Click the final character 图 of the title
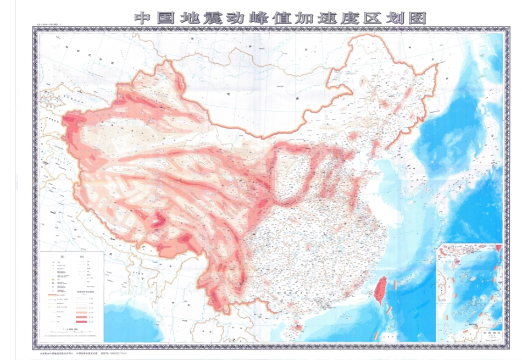(417, 18)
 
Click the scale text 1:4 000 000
(72, 329)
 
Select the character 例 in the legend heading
(81, 257)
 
